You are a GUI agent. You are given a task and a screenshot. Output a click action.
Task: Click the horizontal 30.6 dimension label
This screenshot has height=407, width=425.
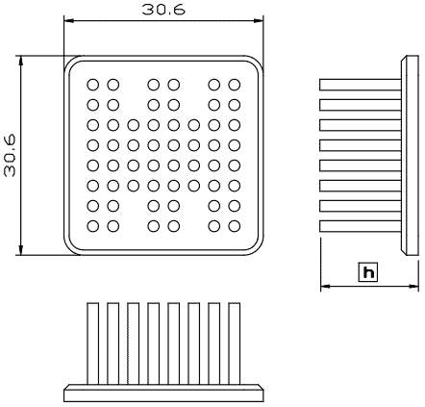coord(163,10)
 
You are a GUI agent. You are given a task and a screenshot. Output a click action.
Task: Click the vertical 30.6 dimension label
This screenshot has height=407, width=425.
coord(10,156)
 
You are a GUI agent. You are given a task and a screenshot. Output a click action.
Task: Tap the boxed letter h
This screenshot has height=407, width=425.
coord(368,272)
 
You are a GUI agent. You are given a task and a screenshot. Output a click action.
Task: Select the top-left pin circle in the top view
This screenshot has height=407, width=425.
coord(93,85)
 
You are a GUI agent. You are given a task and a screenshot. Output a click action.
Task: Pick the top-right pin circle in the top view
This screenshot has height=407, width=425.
coord(235,85)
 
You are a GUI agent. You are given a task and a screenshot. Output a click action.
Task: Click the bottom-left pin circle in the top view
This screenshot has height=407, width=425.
coord(93,226)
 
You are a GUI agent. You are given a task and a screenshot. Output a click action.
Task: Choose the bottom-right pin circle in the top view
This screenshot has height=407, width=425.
coord(235,226)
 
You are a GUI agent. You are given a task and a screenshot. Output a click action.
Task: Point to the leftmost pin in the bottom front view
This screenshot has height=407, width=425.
coord(93,343)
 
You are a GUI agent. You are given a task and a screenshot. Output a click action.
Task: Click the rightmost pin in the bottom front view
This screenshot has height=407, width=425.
coord(235,343)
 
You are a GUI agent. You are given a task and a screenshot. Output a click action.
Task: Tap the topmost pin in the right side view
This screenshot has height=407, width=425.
coord(361,85)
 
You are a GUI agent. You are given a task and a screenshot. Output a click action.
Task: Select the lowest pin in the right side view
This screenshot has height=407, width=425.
coord(361,226)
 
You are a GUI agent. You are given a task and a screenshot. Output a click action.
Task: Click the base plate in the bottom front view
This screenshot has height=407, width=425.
coord(163,393)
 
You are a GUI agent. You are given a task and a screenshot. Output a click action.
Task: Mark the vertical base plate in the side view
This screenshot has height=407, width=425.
coord(410,156)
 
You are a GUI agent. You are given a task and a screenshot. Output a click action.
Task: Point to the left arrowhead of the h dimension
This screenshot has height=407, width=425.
coord(325,286)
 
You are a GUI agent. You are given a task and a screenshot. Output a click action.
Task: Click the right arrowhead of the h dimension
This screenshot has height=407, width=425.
coord(414,286)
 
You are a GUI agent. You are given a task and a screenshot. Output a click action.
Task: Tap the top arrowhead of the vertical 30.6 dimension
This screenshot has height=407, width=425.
coord(21,61)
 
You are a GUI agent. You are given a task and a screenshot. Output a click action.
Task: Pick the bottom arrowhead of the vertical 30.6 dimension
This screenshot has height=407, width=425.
coord(21,250)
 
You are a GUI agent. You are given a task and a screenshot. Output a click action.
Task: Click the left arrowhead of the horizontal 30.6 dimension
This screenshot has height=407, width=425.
coord(69,21)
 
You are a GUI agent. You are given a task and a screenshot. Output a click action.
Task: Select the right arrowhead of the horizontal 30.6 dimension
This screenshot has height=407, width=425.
coord(258,21)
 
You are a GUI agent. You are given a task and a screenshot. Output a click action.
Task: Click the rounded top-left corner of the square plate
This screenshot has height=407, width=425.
coord(69,61)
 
